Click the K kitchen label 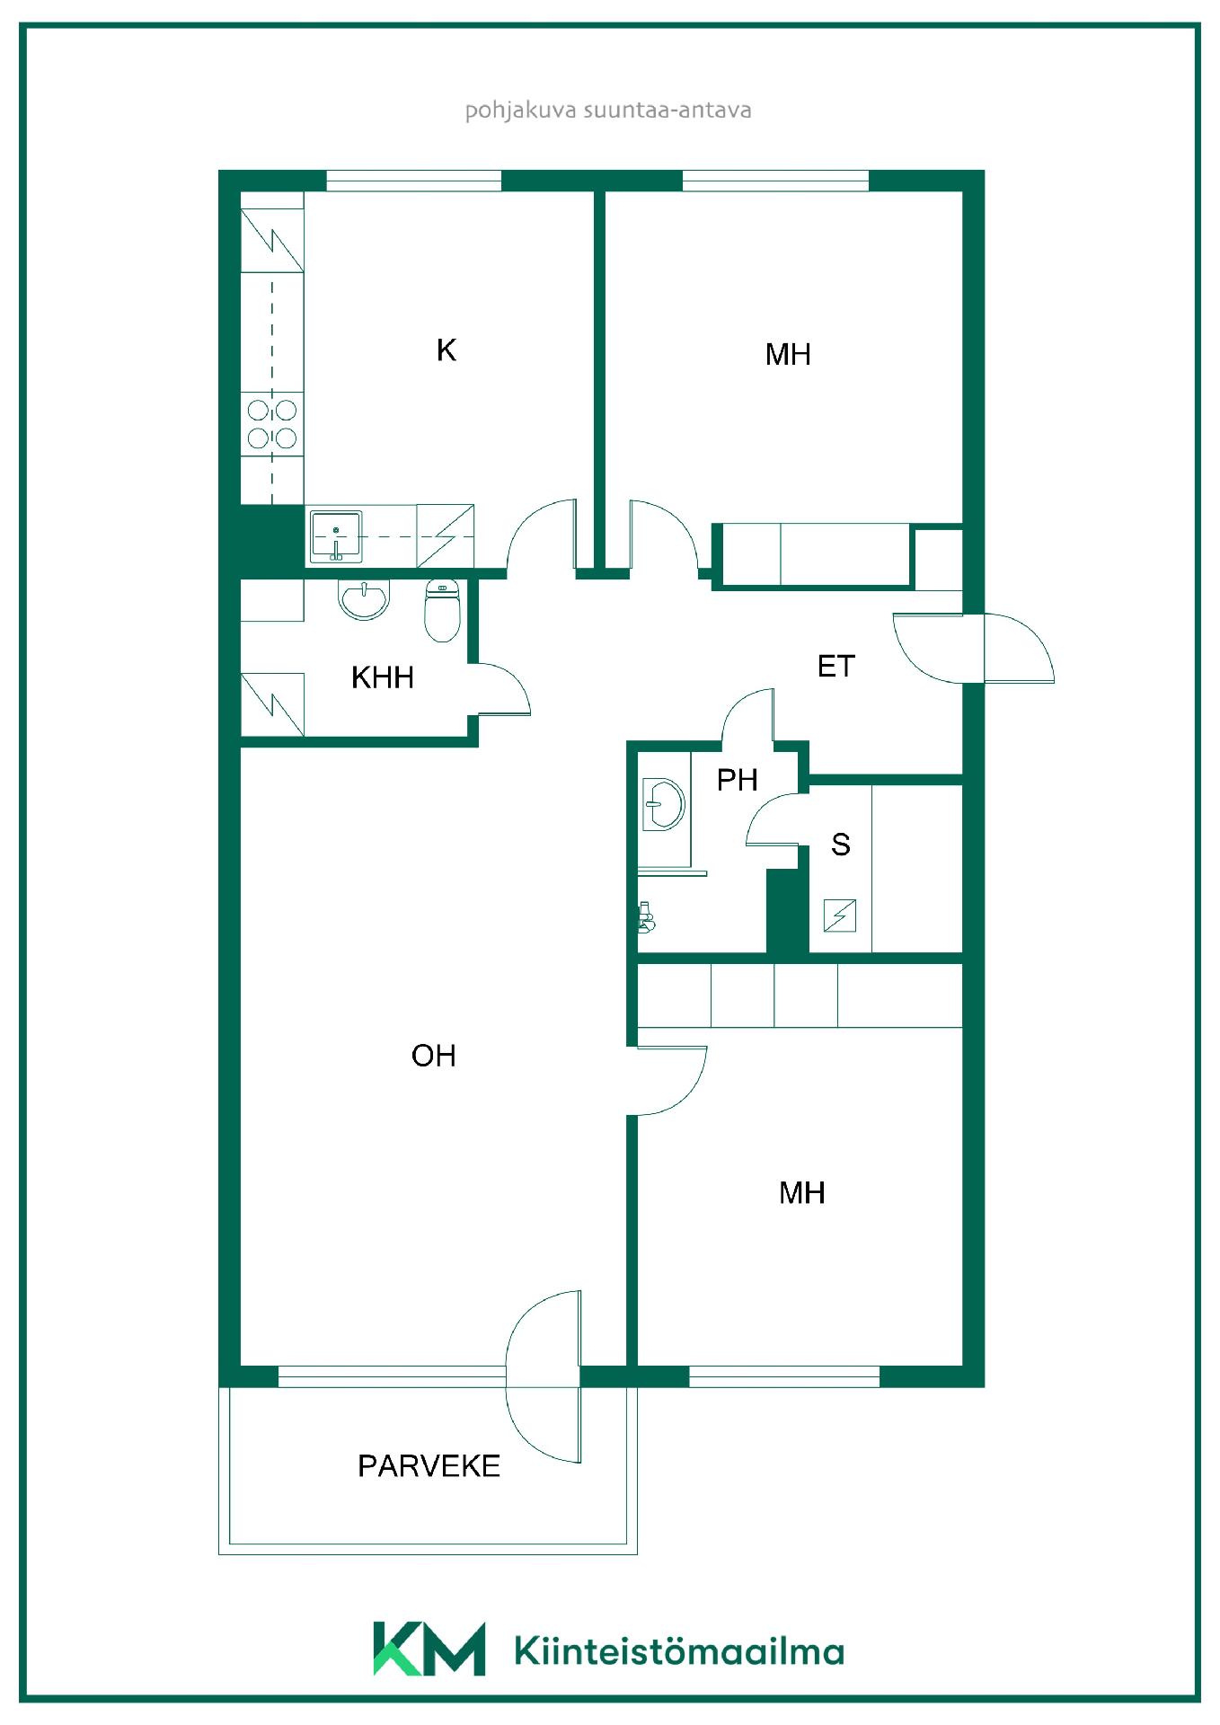446,349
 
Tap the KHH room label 383,677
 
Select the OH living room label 434,1055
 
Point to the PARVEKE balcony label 429,1465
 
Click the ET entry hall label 835,666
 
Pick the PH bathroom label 737,779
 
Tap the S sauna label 841,844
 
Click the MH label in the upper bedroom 788,354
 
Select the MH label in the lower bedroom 802,1192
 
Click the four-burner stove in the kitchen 272,424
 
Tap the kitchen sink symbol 336,536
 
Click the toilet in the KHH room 442,611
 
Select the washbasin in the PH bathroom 664,804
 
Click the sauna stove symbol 840,916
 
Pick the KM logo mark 429,1650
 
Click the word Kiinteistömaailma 679,1651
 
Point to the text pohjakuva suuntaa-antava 608,111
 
